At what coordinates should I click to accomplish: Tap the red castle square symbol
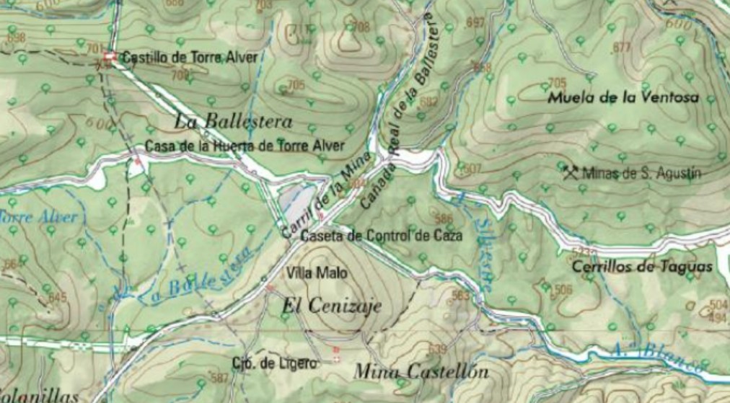[x=110, y=57]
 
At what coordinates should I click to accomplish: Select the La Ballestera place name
[x=233, y=121]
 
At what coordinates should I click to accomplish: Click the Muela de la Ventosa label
[x=623, y=97]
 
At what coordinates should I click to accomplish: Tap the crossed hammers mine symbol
[x=571, y=172]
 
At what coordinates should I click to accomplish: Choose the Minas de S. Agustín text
[x=641, y=173]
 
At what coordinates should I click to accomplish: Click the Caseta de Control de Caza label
[x=382, y=235]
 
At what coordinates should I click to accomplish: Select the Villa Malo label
[x=317, y=273]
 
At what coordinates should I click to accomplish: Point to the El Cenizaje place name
[x=331, y=306]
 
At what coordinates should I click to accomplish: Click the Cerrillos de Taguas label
[x=641, y=267]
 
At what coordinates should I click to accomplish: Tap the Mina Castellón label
[x=421, y=372]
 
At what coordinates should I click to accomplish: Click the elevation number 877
[x=621, y=48]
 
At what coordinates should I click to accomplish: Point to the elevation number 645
[x=58, y=297]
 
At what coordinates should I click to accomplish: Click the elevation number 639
[x=437, y=350]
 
